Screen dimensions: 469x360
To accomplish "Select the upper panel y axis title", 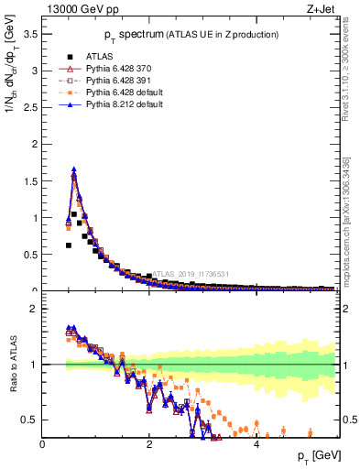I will [13, 92].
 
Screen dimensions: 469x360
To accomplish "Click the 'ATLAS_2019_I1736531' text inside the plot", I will [192, 273].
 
